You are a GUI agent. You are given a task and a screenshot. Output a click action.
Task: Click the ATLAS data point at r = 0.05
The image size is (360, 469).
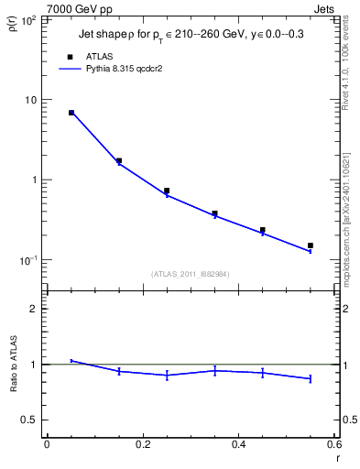[x=71, y=113]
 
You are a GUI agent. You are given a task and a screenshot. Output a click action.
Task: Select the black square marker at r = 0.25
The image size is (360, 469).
[x=167, y=191]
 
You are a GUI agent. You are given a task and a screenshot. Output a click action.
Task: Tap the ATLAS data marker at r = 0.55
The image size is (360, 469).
[x=310, y=245]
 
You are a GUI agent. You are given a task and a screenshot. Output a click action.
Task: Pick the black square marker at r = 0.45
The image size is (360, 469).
[x=262, y=230]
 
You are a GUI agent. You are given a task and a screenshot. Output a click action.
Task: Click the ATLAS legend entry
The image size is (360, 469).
[x=99, y=56]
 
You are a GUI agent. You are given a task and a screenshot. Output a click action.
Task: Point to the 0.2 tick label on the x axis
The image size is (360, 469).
[x=143, y=445]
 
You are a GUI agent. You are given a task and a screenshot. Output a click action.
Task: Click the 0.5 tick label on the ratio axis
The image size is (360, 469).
[x=31, y=420]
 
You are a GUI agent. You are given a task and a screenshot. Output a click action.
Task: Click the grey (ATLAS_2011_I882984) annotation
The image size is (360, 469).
[x=191, y=273]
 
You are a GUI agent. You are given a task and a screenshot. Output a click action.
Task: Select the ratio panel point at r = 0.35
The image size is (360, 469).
[x=214, y=370]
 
